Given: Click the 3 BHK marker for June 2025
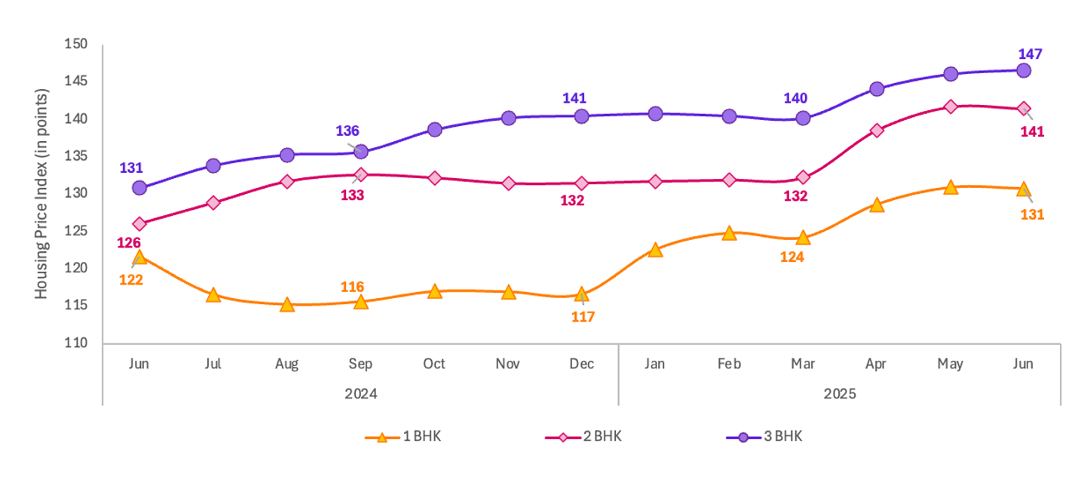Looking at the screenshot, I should (1024, 70).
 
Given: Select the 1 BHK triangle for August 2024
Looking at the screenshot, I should (287, 305).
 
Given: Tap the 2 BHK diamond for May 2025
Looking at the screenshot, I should (951, 106).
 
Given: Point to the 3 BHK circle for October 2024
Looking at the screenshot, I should (434, 129).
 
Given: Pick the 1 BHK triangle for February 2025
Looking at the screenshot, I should (729, 233).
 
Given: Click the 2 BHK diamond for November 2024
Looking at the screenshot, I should (508, 183).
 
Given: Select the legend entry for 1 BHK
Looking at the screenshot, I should (403, 437).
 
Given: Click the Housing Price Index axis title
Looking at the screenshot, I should (43, 194).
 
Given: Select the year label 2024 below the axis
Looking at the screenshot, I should (360, 394).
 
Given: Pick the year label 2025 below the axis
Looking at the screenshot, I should (840, 394).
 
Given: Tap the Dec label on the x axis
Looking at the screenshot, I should (581, 364).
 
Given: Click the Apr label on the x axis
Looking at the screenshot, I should (877, 364).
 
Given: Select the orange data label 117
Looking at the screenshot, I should (582, 317).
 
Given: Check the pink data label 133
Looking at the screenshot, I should (352, 195).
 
